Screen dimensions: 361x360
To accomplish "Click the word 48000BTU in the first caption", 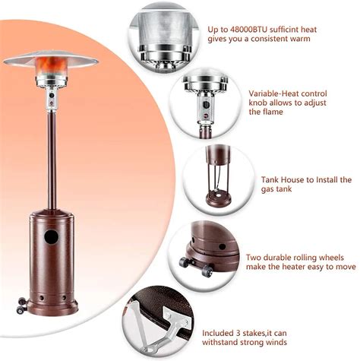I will (248, 30).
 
